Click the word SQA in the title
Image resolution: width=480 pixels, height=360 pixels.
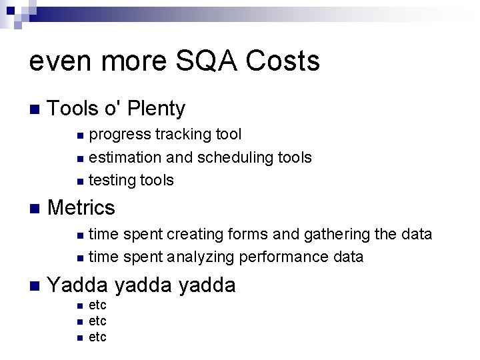coord(199,62)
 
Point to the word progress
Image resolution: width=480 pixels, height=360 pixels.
coord(120,135)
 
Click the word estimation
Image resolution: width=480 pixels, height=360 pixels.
coord(121,157)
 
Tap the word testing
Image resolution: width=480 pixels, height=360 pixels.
coord(111,180)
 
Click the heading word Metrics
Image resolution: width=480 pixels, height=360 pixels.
coord(82,207)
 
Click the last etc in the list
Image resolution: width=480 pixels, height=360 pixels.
coord(97,337)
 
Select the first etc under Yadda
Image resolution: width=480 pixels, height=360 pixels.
coord(97,306)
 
